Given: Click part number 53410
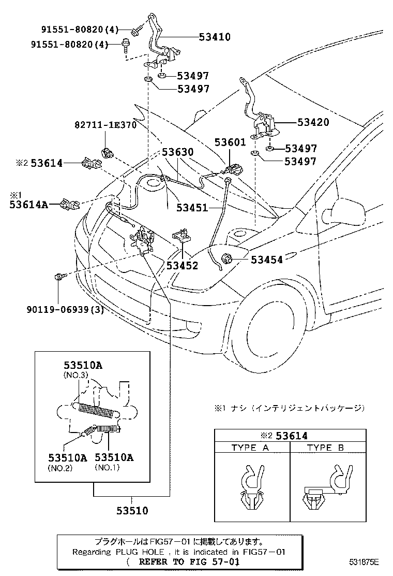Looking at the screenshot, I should (215, 37).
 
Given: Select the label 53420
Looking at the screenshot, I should (313, 123).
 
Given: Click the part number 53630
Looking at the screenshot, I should (177, 153).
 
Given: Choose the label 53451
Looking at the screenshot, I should (192, 208).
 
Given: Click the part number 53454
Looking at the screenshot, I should (267, 260).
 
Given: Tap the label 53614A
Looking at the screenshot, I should (28, 205).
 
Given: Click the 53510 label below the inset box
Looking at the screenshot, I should (131, 511).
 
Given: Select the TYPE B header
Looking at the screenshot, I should (326, 448).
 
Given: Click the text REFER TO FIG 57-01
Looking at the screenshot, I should (183, 561).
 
